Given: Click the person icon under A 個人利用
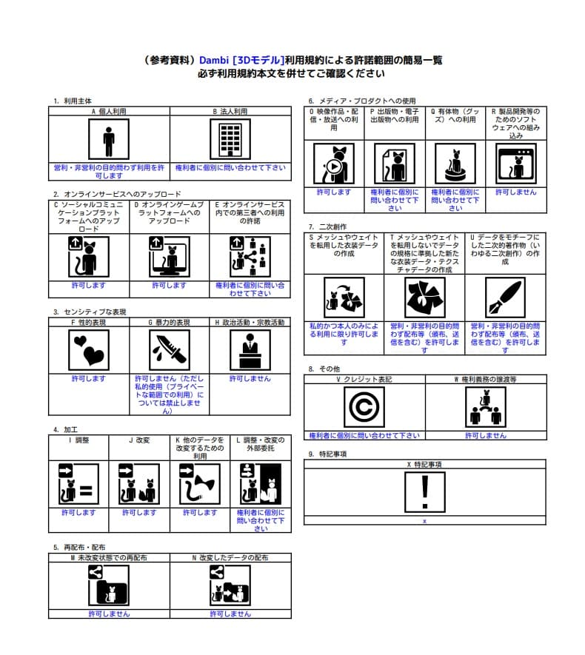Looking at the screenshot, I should click(109, 140).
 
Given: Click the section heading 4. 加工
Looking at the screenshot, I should click(67, 429).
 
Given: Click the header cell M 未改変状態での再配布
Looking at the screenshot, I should click(109, 557).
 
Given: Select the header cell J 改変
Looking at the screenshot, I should click(139, 440).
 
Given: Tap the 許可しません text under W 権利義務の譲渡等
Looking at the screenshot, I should click(486, 435).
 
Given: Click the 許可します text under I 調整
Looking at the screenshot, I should click(78, 512).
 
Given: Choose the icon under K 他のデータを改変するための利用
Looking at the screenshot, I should click(200, 484).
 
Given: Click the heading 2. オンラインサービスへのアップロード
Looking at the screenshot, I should click(117, 194).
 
